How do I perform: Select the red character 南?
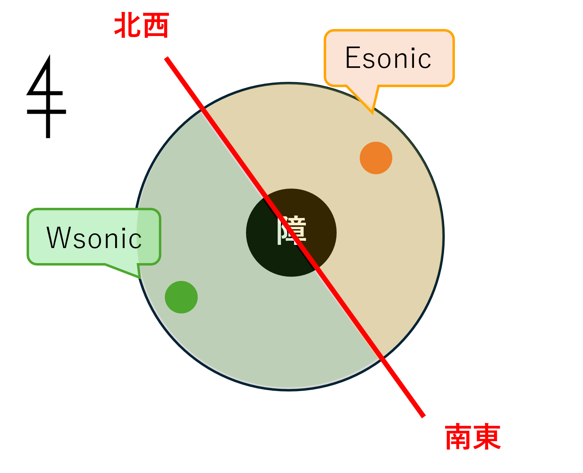[x=458, y=437]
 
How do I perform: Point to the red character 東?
[x=487, y=437]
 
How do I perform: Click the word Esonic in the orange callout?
[x=388, y=58]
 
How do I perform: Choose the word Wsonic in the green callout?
[x=94, y=238]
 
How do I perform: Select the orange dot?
[x=376, y=158]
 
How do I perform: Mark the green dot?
[x=181, y=297]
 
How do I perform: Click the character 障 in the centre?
[x=292, y=230]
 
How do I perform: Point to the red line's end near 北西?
[x=167, y=58]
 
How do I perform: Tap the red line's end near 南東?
[x=423, y=416]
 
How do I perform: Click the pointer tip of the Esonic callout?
[x=372, y=113]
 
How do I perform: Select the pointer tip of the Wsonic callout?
[x=140, y=278]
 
